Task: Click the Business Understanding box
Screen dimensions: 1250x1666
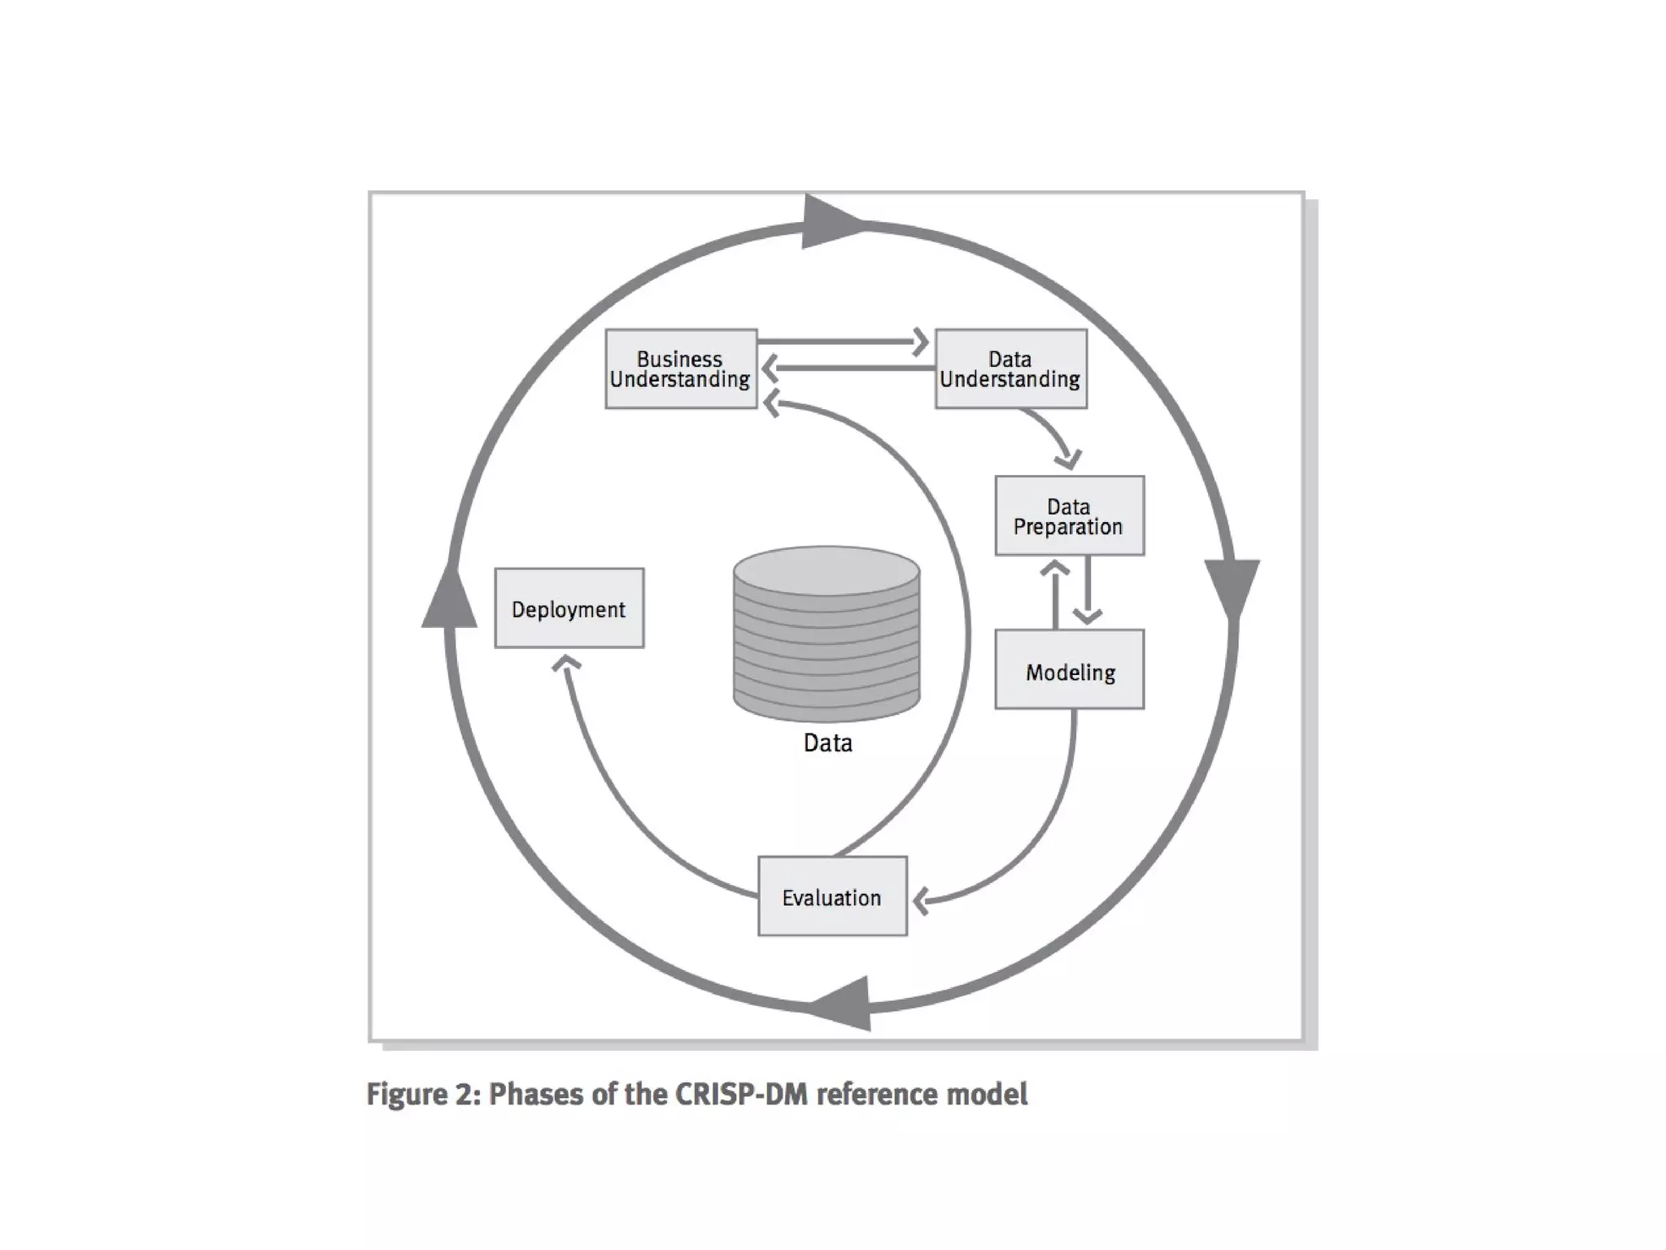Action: [681, 369]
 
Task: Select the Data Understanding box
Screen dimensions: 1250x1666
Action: [1010, 369]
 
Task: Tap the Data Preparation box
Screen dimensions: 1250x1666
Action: [1069, 516]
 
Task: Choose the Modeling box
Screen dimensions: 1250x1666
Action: [1069, 669]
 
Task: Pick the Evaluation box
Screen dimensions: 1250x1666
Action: [831, 896]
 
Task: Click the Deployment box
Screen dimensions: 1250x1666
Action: [569, 608]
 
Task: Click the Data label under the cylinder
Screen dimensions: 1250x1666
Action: [827, 743]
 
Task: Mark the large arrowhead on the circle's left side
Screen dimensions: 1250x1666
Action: [449, 598]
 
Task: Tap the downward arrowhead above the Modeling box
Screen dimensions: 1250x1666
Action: [1088, 616]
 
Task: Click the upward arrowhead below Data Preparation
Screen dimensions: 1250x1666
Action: [1055, 568]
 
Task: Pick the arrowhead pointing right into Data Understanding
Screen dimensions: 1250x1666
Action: [921, 342]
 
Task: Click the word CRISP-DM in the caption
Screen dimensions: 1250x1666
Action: [741, 1095]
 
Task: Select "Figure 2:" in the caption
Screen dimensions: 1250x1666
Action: [422, 1095]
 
